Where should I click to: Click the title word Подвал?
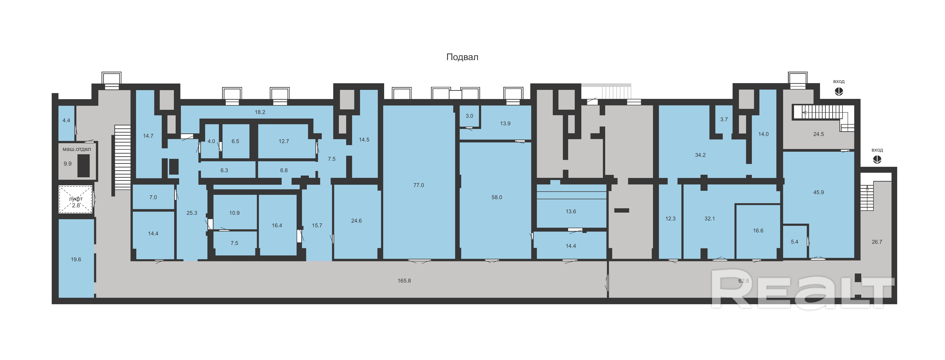click(462, 57)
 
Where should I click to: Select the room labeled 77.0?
click(419, 182)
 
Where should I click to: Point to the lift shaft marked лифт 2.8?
click(76, 199)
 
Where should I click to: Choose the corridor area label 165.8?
click(404, 281)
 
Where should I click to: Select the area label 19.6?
click(76, 259)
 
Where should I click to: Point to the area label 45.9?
click(818, 192)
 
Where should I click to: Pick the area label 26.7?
click(877, 242)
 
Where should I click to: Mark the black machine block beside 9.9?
click(84, 165)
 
